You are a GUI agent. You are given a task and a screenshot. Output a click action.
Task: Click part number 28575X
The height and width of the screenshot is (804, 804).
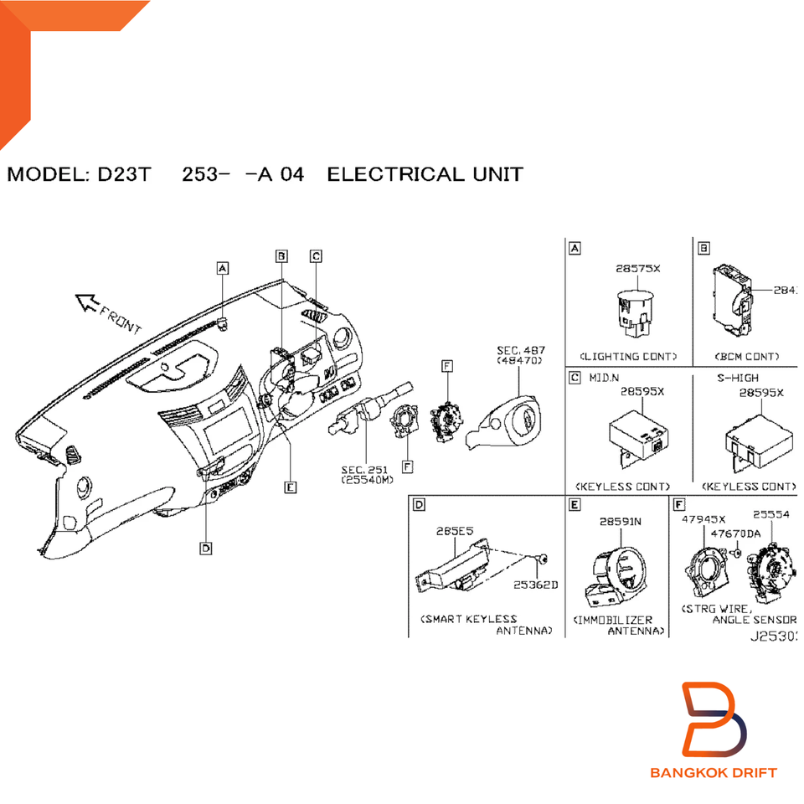coord(637,269)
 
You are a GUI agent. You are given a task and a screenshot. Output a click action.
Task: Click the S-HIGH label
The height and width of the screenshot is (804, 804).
coord(737,378)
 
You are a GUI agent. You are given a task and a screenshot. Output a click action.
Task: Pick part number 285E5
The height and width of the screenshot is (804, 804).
coord(455,530)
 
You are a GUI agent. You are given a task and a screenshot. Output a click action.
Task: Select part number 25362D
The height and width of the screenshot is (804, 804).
coord(535,585)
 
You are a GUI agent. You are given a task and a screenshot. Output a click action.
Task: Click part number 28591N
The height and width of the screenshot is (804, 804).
coord(621,521)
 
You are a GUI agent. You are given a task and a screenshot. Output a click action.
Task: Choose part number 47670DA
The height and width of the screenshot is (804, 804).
coord(735,533)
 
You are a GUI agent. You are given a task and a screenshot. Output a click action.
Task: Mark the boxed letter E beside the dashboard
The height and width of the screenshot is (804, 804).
coord(290,487)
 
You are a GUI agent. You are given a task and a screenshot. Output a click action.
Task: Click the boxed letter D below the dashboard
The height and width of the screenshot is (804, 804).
coord(205,548)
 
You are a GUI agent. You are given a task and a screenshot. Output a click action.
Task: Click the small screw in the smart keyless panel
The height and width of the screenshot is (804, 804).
coord(544,559)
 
